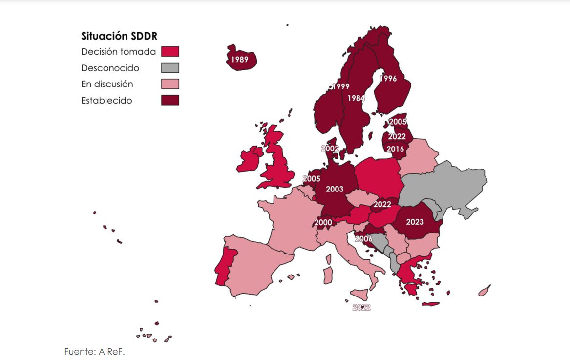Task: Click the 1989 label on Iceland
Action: click(x=239, y=60)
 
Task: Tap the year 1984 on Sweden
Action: click(x=356, y=98)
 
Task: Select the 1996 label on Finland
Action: click(x=388, y=78)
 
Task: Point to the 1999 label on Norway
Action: click(x=340, y=86)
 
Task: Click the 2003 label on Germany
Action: click(x=335, y=189)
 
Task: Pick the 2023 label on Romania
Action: click(x=415, y=222)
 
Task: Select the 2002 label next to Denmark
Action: click(x=330, y=148)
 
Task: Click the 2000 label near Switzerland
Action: click(x=323, y=223)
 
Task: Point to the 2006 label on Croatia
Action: click(x=363, y=239)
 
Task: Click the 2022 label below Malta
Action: click(x=361, y=308)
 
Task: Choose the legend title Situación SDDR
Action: click(x=119, y=36)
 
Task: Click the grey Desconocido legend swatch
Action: click(x=170, y=68)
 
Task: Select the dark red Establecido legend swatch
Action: click(x=170, y=100)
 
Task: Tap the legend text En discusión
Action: click(x=107, y=84)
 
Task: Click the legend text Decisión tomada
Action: click(x=119, y=52)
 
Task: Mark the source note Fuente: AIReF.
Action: click(x=95, y=351)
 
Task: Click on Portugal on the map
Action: click(x=224, y=266)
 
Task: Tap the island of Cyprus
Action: click(x=484, y=292)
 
